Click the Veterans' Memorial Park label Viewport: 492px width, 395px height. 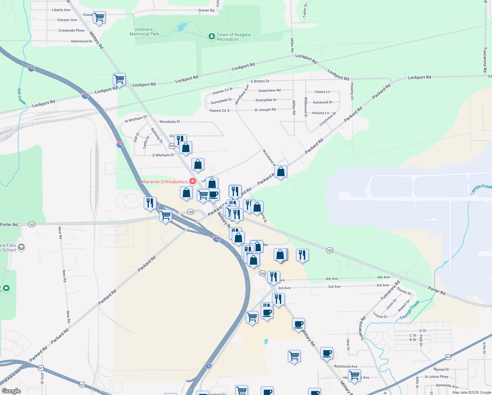tap(144, 32)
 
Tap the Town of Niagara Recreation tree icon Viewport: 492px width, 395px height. tap(212, 36)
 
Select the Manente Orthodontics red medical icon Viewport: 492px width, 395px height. tap(193, 181)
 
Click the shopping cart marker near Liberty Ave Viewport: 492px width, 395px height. tap(99, 17)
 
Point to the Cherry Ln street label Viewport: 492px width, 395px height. tap(322, 92)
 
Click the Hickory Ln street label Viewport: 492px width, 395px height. tap(320, 113)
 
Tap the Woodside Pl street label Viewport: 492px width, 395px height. tap(170, 122)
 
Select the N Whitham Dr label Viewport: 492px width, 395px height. tap(136, 119)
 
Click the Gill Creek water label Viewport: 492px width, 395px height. tap(21, 96)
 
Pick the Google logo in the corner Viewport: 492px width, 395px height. tap(11, 391)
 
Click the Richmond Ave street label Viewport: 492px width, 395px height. tap(346, 366)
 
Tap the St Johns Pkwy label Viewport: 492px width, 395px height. tap(436, 377)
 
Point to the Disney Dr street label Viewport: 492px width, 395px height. tap(404, 291)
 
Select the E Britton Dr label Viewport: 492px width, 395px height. tap(260, 81)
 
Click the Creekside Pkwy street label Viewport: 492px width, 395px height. tap(71, 31)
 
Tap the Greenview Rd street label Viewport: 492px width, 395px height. tap(269, 91)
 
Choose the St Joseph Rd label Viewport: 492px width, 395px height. tap(265, 110)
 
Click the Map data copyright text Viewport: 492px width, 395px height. tap(472, 392)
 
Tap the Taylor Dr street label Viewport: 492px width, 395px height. tap(305, 11)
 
